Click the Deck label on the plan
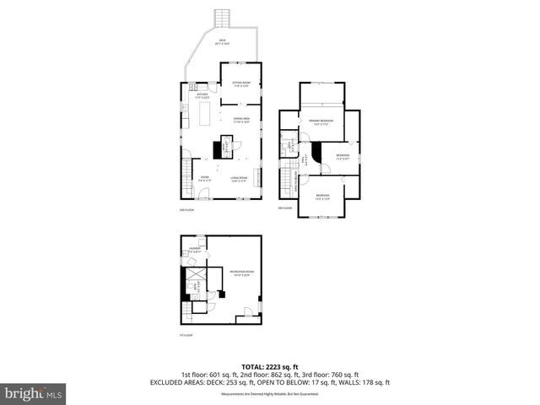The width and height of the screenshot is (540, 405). click(222, 41)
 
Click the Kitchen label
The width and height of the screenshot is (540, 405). click(202, 96)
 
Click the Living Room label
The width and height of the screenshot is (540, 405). click(239, 178)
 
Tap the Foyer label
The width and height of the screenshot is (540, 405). click(203, 178)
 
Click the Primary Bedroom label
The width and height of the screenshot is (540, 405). click(321, 122)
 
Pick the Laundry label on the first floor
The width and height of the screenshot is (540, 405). click(195, 250)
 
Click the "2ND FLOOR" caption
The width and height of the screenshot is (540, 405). click(186, 208)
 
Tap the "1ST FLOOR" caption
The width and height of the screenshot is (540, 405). click(186, 334)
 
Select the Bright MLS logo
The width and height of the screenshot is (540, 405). click(33, 392)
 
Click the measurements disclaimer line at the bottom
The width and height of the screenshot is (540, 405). click(270, 394)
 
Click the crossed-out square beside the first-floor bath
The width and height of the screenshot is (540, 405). click(196, 277)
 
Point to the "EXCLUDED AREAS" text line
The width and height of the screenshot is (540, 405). click(270, 382)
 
